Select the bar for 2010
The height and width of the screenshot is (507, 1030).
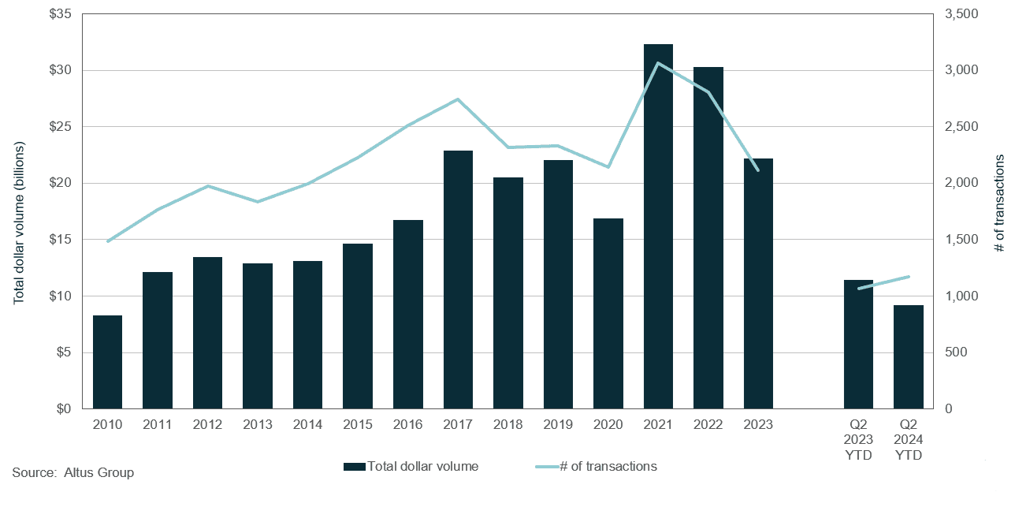(107, 362)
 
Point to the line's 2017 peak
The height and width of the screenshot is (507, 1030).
(458, 99)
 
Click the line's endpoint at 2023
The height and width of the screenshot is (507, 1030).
(757, 170)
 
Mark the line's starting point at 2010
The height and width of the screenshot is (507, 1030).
(107, 241)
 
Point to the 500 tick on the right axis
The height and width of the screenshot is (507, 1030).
(954, 352)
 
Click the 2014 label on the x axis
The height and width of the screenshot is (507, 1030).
(307, 424)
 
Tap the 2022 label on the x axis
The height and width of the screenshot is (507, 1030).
(708, 424)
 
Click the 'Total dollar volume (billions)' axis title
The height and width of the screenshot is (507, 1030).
(19, 223)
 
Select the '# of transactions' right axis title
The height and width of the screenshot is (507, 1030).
(1000, 203)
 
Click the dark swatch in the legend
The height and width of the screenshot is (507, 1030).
(354, 467)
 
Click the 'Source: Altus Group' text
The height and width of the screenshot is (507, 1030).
(73, 473)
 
